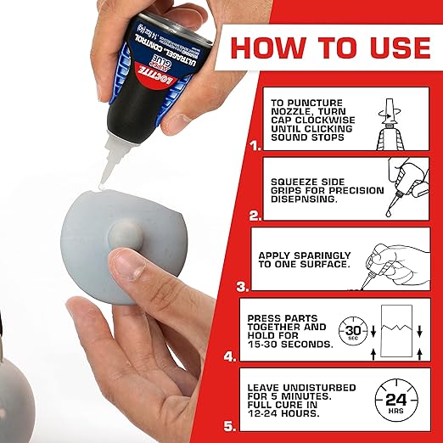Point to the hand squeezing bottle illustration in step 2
[404, 186]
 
